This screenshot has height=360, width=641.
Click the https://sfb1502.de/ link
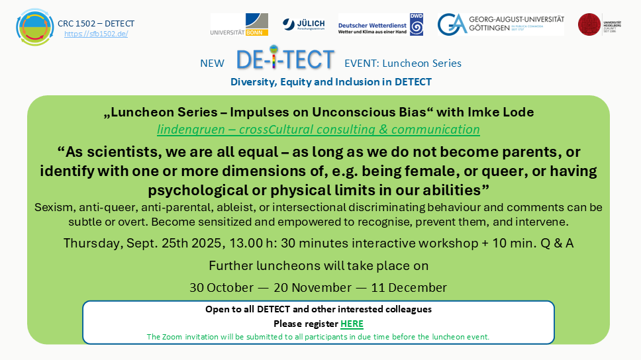[96, 34]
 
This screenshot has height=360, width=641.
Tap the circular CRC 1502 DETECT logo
[34, 27]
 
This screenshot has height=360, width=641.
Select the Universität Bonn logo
[239, 24]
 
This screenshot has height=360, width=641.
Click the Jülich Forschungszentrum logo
[303, 24]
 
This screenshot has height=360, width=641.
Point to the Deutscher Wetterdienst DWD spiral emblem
[417, 24]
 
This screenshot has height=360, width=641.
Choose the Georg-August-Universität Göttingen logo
[501, 24]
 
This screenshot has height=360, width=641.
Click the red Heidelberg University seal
[589, 24]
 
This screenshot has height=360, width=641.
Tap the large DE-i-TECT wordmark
[285, 58]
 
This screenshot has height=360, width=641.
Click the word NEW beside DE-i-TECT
[212, 64]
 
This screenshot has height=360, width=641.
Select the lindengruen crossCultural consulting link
[319, 129]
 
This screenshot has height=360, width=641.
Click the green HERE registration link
[352, 324]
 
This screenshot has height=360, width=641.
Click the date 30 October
[221, 288]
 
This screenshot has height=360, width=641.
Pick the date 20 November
[313, 288]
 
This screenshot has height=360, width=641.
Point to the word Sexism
[54, 207]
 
